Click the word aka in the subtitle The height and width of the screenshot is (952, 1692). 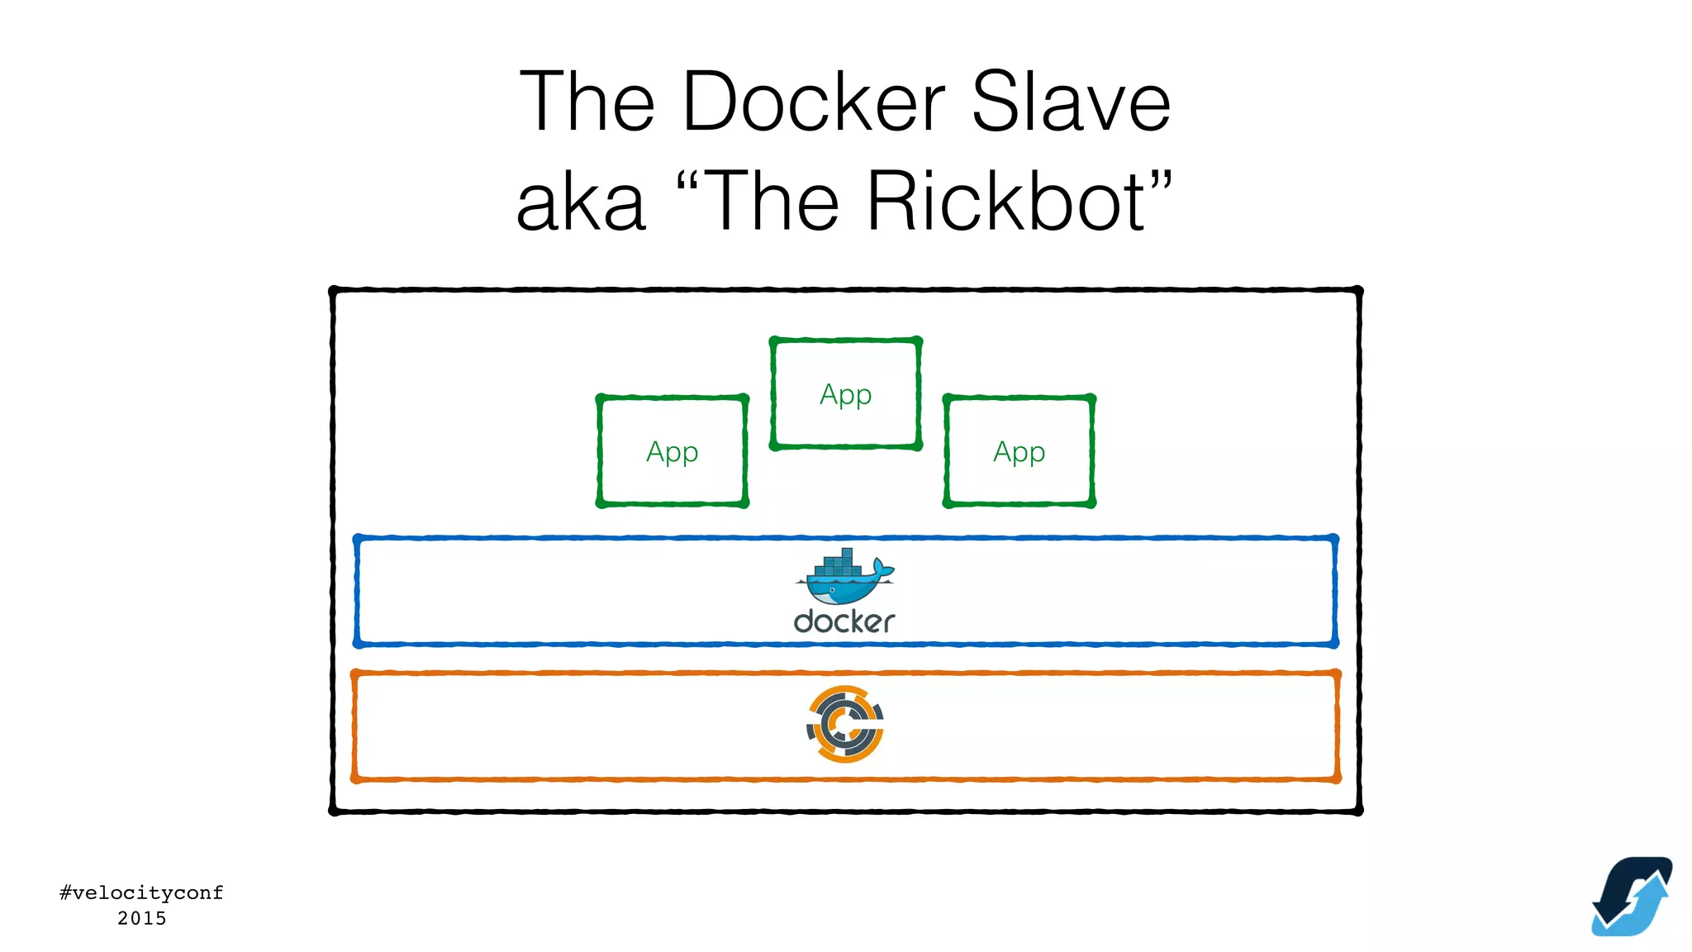pos(581,202)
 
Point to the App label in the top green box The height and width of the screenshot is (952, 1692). pos(845,395)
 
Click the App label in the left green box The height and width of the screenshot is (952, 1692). pos(672,453)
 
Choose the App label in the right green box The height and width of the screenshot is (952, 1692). pos(1019,453)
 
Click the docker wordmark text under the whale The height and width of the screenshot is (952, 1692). pos(844,621)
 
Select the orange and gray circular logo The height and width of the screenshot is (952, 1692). pos(844,724)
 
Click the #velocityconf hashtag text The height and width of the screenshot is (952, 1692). pos(141,892)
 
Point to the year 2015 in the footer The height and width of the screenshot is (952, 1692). pos(141,918)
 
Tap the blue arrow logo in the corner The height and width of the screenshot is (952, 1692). pos(1632,897)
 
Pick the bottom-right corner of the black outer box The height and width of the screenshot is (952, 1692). pos(1358,811)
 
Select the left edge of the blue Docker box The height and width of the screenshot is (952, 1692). pos(357,591)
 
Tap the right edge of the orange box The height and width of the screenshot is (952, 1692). pos(1337,726)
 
